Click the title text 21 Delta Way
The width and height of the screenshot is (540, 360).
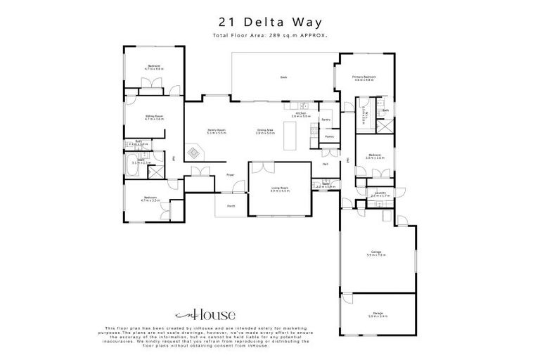click(x=270, y=22)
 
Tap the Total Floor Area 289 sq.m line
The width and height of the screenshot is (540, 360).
click(x=270, y=35)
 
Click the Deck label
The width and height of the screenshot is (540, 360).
click(x=284, y=77)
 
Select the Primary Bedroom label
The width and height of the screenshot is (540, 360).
click(x=365, y=78)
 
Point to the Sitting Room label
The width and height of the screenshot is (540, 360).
click(x=154, y=117)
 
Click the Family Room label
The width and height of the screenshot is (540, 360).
click(x=216, y=131)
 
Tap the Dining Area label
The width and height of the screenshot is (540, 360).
click(x=265, y=131)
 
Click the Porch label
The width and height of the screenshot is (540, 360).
click(x=231, y=206)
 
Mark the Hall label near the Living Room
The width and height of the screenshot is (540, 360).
click(x=326, y=164)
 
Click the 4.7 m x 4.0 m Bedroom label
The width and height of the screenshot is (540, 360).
click(x=154, y=67)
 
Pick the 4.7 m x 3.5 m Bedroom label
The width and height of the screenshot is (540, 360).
click(x=150, y=199)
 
